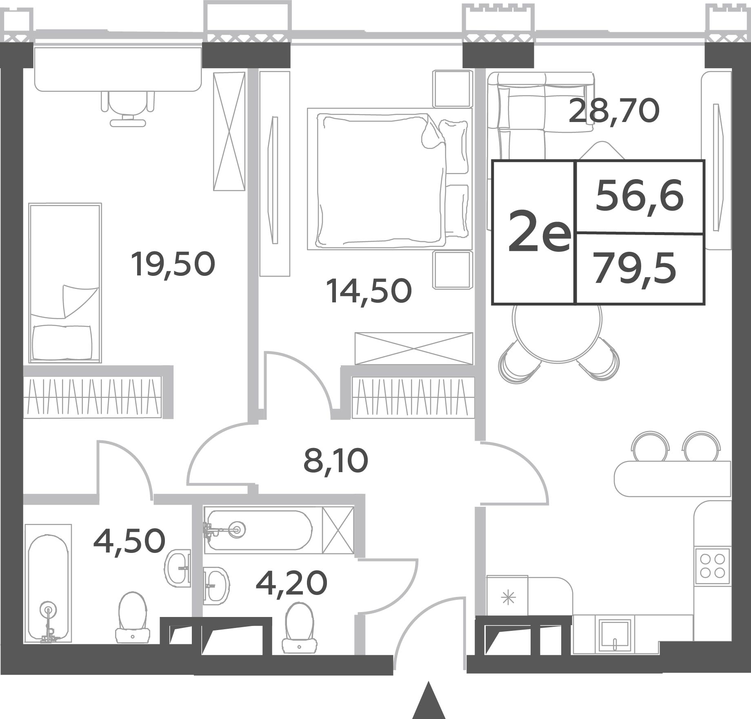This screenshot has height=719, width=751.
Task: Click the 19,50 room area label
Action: coord(173,265)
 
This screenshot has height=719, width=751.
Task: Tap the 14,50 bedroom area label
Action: coord(369,291)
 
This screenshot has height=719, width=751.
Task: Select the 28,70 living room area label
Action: coord(614,111)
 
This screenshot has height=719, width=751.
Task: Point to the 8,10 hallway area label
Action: coord(336,461)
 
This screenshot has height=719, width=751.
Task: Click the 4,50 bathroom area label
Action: coord(129,541)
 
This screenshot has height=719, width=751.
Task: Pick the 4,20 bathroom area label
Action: coord(291,583)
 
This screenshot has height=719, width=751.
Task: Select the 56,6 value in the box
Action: coord(639,197)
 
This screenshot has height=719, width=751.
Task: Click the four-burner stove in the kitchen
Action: coord(712,566)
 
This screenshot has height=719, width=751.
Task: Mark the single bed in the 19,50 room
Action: coord(65,283)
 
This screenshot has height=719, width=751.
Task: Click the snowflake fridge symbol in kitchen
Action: coord(509,599)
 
